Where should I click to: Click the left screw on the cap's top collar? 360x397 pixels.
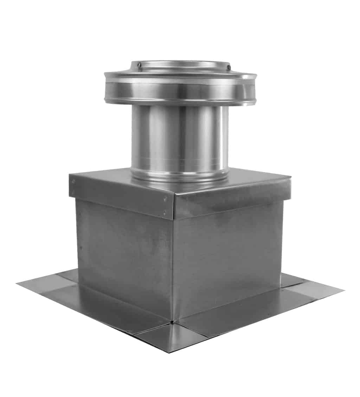[140, 65]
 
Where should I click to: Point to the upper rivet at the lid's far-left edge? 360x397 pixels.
[73, 181]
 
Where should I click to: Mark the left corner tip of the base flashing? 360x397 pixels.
[17, 284]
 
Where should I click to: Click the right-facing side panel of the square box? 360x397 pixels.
[229, 257]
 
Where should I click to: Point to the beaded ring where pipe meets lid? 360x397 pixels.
[179, 175]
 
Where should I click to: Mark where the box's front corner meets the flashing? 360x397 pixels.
[172, 321]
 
